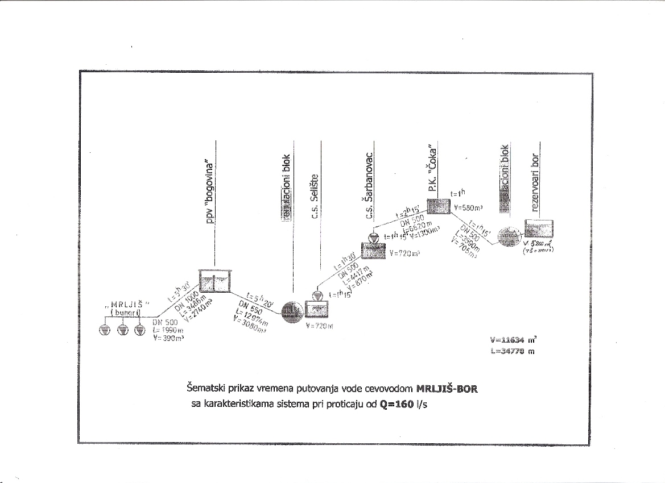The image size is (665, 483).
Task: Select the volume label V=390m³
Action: click(167, 338)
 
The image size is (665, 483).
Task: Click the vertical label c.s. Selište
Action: click(313, 198)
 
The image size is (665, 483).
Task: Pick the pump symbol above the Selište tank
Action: click(317, 295)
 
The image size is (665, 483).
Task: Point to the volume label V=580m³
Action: click(468, 208)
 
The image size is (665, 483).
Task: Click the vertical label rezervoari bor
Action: click(535, 181)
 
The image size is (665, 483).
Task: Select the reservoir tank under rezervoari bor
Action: click(537, 229)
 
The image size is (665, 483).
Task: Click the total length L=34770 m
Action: click(512, 352)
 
